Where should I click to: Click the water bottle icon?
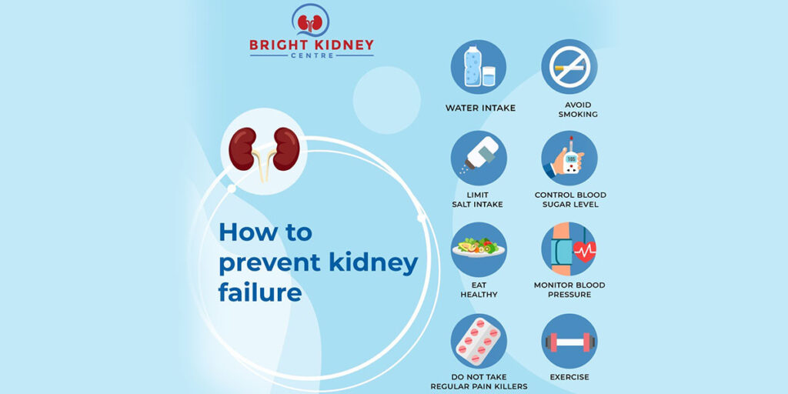click(478, 67)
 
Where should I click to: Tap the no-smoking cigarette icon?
click(569, 67)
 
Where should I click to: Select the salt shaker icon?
click(478, 158)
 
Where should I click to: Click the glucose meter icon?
click(569, 158)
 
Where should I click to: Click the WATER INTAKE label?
click(480, 109)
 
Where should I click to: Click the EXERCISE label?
click(569, 377)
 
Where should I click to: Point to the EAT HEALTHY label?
click(479, 290)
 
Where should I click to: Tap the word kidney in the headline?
click(373, 263)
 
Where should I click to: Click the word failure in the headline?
click(260, 293)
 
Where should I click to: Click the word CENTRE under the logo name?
click(312, 56)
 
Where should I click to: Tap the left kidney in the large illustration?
click(243, 149)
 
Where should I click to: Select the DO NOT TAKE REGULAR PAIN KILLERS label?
click(479, 382)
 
